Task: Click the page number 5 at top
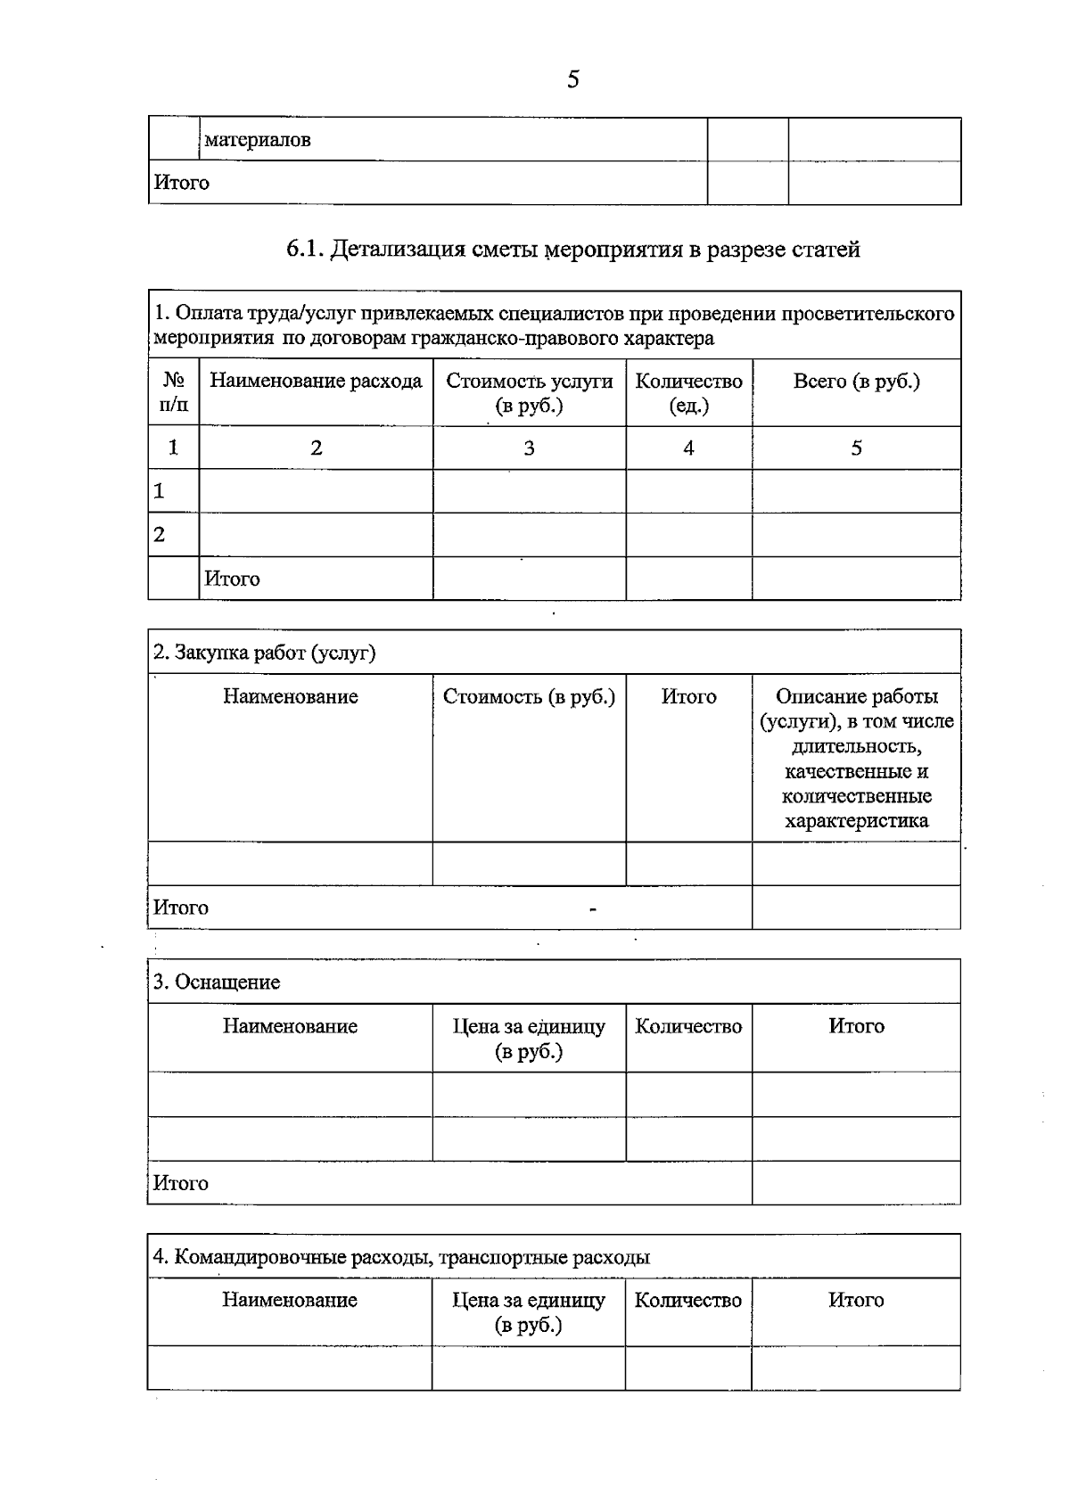(572, 80)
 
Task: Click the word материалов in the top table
(258, 140)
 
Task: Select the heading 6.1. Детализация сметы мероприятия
(572, 250)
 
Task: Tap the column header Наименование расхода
(316, 382)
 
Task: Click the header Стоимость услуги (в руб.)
(529, 393)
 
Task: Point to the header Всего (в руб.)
(856, 382)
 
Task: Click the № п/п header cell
(174, 393)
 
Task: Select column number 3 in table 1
(529, 448)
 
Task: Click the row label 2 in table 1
(160, 535)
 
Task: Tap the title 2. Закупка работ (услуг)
(265, 653)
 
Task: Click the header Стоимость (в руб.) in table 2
(529, 697)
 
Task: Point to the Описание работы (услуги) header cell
(856, 758)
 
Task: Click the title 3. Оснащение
(217, 982)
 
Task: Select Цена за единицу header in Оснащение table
(529, 1039)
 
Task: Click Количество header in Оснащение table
(688, 1027)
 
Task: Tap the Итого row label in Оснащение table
(181, 1184)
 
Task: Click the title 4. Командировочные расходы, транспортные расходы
(401, 1258)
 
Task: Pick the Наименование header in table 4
(290, 1301)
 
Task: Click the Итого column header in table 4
(856, 1301)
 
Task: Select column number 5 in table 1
(856, 448)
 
